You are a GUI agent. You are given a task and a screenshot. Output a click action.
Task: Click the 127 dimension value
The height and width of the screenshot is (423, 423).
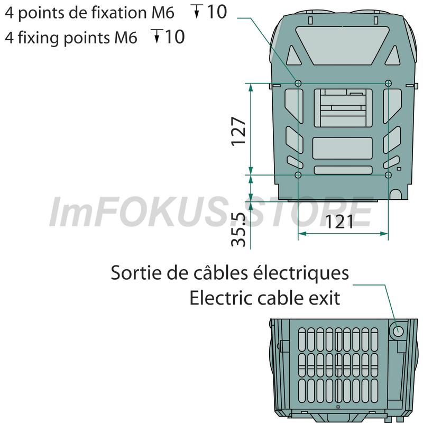tap(239, 131)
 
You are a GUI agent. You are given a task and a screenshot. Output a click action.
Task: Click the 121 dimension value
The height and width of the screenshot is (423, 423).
tap(339, 222)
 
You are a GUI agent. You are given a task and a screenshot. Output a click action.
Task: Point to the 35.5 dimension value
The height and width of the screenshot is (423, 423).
tap(238, 229)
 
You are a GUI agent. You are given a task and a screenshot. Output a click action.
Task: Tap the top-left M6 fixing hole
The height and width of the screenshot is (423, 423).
tap(298, 83)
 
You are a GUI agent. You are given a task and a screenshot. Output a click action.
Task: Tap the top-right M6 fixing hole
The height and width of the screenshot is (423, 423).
tap(388, 83)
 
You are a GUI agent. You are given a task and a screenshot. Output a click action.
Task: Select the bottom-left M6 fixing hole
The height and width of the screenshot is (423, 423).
tap(298, 175)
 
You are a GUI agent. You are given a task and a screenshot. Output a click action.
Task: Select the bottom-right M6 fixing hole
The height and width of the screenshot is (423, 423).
tap(388, 175)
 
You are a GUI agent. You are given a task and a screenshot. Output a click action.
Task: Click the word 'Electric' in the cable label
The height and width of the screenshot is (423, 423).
tap(221, 298)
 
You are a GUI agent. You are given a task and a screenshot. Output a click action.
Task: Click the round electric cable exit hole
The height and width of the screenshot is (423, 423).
tap(398, 330)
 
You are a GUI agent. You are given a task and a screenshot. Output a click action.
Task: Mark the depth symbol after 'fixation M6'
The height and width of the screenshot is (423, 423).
tap(197, 11)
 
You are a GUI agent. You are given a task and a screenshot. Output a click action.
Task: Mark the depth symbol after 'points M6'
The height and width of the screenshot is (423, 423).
tap(157, 36)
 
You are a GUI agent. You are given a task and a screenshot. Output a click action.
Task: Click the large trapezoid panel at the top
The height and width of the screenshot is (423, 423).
tap(342, 45)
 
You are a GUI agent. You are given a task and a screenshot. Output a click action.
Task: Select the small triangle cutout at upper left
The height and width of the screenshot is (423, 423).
tap(293, 56)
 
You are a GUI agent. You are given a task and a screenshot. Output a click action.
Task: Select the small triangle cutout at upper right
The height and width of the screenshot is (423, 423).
tap(392, 56)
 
